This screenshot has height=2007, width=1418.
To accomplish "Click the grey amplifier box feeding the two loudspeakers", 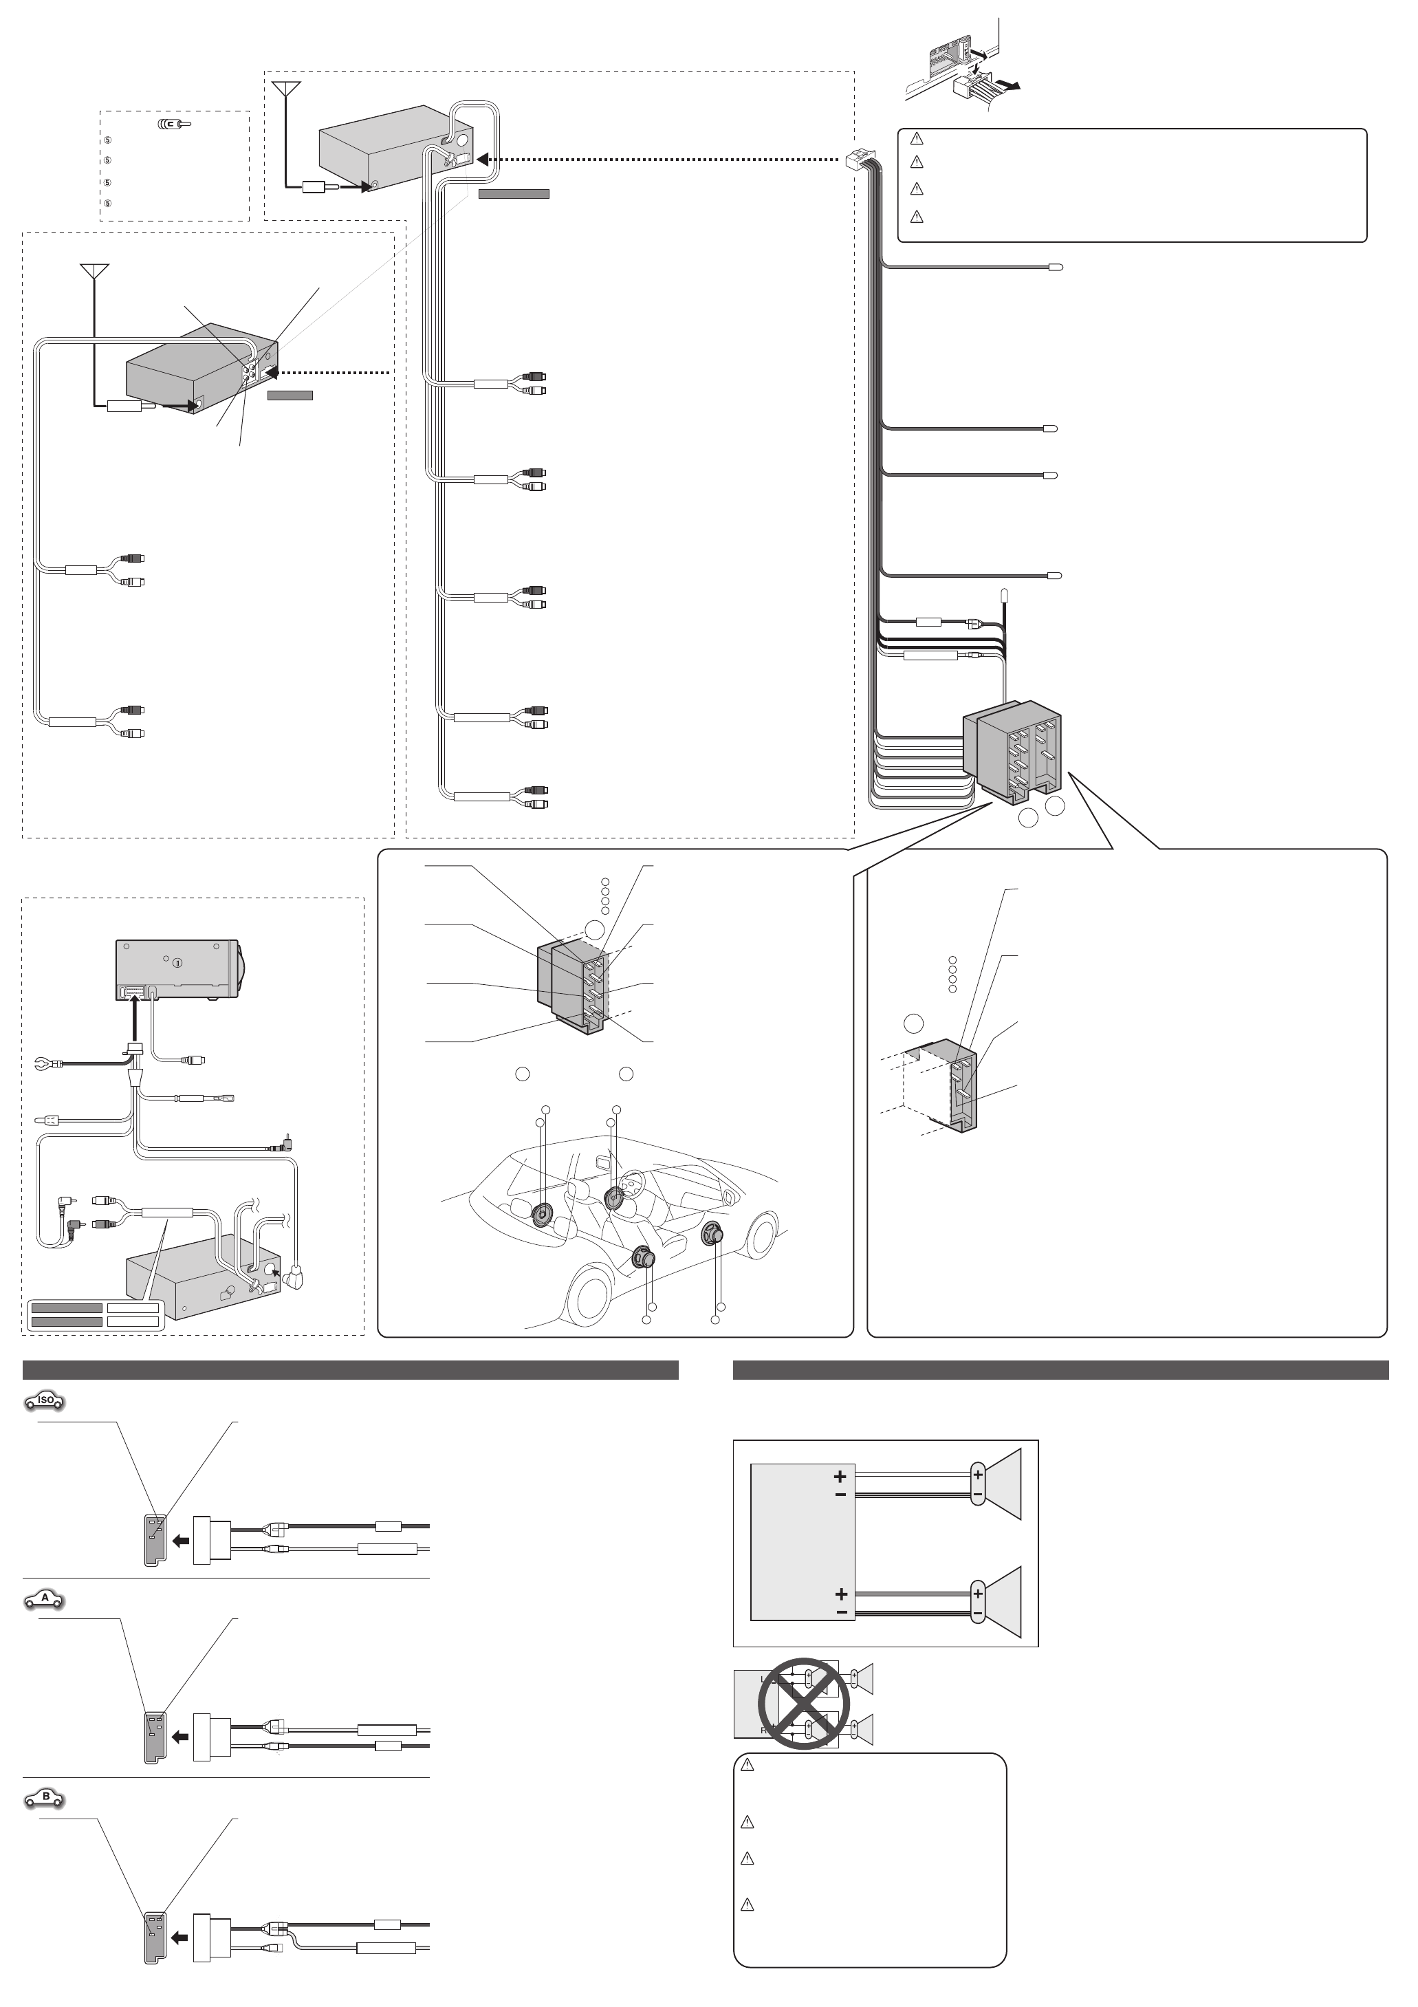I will (802, 1543).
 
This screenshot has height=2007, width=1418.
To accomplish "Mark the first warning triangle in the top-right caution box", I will (916, 138).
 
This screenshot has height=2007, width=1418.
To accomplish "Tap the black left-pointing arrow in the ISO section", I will (181, 1542).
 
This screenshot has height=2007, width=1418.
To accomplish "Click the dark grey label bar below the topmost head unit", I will (513, 194).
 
